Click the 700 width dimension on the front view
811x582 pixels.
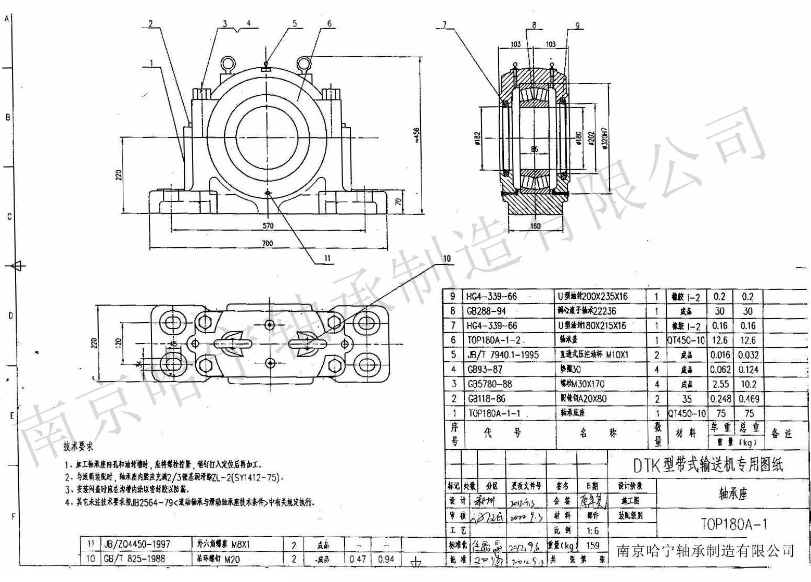coord(267,243)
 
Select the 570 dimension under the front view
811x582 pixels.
coord(268,226)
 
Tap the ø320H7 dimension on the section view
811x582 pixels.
coord(605,138)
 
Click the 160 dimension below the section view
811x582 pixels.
coord(535,226)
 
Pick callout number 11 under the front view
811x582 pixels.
coord(327,258)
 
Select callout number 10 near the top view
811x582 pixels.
coord(447,259)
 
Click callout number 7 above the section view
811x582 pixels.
coord(445,24)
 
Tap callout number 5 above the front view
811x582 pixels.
coord(295,23)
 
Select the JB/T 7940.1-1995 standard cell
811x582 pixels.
coord(502,355)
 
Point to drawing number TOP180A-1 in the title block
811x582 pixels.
coord(733,524)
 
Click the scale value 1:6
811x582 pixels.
coord(592,532)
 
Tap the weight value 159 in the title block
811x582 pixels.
coord(592,546)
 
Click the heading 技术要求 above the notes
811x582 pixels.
coord(78,447)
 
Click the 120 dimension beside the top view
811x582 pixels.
coord(119,343)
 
